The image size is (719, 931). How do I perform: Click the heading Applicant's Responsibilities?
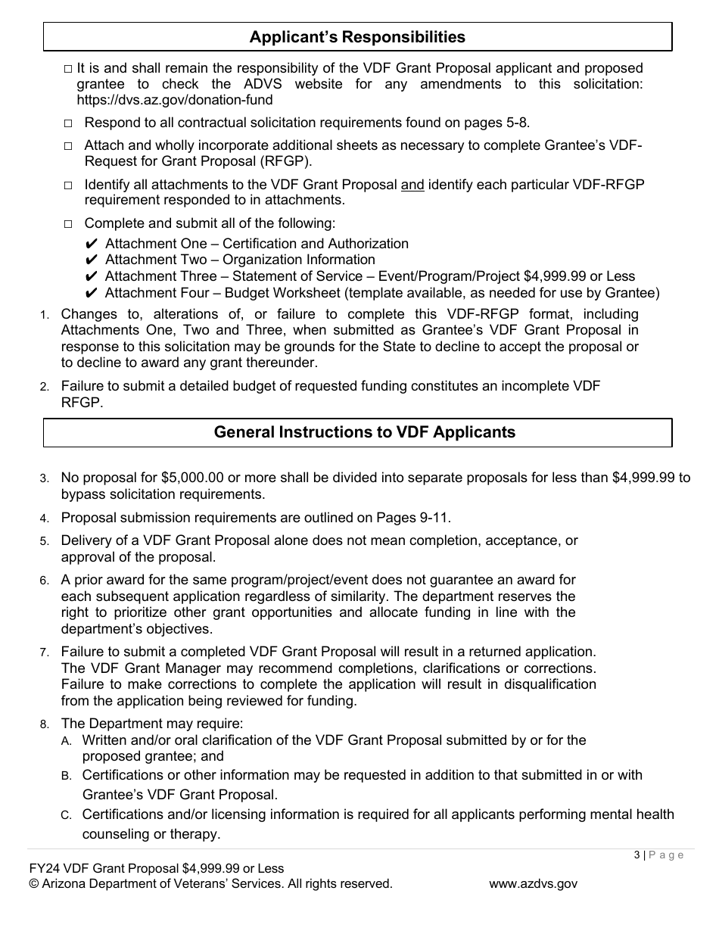(x=357, y=37)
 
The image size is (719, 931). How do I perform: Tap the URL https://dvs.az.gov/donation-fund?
(x=175, y=100)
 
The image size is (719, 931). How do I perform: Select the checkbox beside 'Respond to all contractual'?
(x=68, y=123)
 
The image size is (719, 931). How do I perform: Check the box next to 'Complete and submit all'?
(x=68, y=224)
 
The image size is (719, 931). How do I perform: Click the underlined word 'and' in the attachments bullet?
(x=412, y=184)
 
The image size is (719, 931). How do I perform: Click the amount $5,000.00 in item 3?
(x=192, y=478)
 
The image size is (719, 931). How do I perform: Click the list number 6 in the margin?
(x=45, y=581)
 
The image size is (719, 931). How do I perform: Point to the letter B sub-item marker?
(x=67, y=776)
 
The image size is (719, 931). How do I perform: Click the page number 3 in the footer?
(x=637, y=855)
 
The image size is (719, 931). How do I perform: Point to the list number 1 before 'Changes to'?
(x=45, y=315)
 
